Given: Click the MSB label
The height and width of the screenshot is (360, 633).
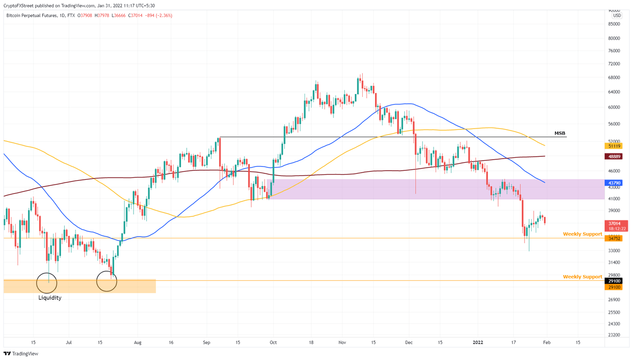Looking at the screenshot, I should (x=560, y=133).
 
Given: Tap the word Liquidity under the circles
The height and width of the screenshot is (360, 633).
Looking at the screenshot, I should (x=50, y=298).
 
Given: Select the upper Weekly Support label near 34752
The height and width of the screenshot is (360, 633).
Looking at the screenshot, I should (x=582, y=234).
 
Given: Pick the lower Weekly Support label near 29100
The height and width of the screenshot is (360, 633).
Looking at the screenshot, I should (x=582, y=277).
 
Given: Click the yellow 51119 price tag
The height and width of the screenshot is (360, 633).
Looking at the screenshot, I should (x=614, y=146).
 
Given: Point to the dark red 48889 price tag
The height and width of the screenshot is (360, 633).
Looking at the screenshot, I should (x=614, y=156).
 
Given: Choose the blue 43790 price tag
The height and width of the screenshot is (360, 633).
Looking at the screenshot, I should (x=614, y=183).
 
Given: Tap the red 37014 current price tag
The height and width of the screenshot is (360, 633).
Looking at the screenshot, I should (x=614, y=224).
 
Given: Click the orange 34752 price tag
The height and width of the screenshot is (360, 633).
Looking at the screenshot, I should (x=614, y=238).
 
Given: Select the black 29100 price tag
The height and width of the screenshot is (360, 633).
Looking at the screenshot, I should (x=614, y=281).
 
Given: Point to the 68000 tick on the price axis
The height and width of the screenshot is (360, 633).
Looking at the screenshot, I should (x=614, y=78).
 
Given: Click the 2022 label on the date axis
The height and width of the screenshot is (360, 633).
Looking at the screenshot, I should (x=478, y=342).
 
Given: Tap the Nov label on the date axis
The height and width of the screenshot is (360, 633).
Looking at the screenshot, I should (x=342, y=342).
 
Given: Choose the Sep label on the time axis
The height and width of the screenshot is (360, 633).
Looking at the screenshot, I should (x=206, y=342).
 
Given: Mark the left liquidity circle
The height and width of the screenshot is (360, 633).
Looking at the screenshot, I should (x=47, y=283).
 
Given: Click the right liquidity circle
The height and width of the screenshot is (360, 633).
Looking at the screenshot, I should (x=107, y=281).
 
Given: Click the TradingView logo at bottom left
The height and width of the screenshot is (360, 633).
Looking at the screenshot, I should (x=21, y=353).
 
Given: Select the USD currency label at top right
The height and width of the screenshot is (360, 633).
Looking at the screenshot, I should (x=617, y=16).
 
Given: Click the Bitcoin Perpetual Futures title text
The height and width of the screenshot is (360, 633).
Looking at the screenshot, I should (x=32, y=16).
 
